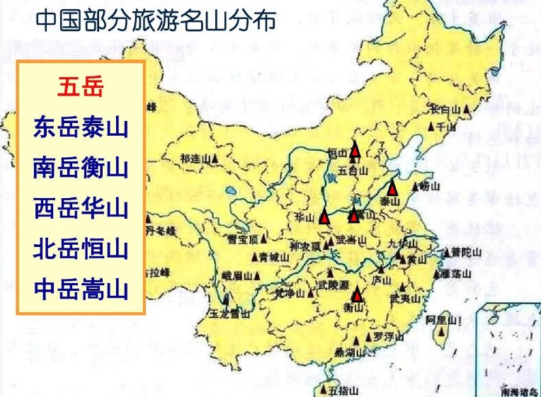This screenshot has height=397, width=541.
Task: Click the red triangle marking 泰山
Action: point(392,188)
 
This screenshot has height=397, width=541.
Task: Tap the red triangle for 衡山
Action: point(357,295)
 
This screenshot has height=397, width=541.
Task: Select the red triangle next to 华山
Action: point(324,217)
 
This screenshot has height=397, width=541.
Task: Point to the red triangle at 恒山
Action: point(355,150)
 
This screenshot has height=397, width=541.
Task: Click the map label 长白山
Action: point(446,110)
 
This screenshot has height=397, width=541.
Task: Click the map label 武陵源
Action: point(331,284)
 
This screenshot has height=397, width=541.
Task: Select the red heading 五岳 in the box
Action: point(81,88)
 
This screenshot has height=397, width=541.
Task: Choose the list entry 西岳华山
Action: point(81,209)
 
